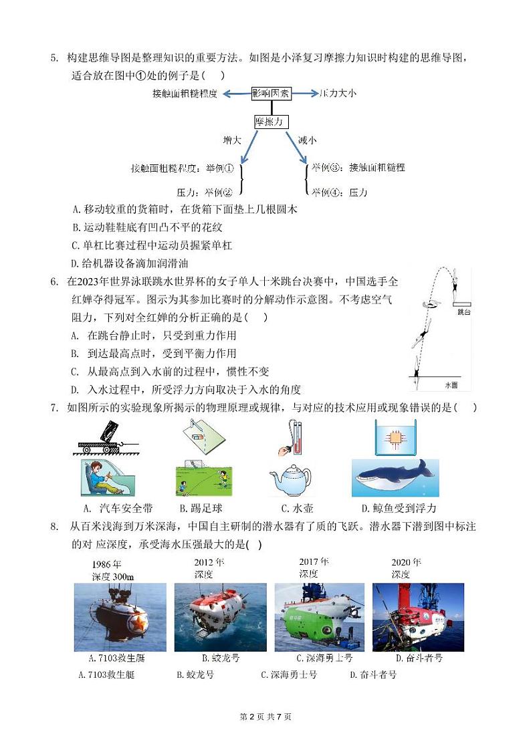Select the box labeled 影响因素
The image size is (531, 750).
(271, 94)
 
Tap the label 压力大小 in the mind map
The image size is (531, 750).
(338, 94)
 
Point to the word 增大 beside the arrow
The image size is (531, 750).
(232, 140)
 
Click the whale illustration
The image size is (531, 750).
(395, 477)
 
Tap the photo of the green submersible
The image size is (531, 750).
(320, 617)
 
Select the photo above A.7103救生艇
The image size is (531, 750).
(120, 617)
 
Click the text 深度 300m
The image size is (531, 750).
(114, 577)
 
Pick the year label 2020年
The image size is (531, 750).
(406, 562)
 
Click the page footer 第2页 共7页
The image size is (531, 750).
(265, 717)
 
